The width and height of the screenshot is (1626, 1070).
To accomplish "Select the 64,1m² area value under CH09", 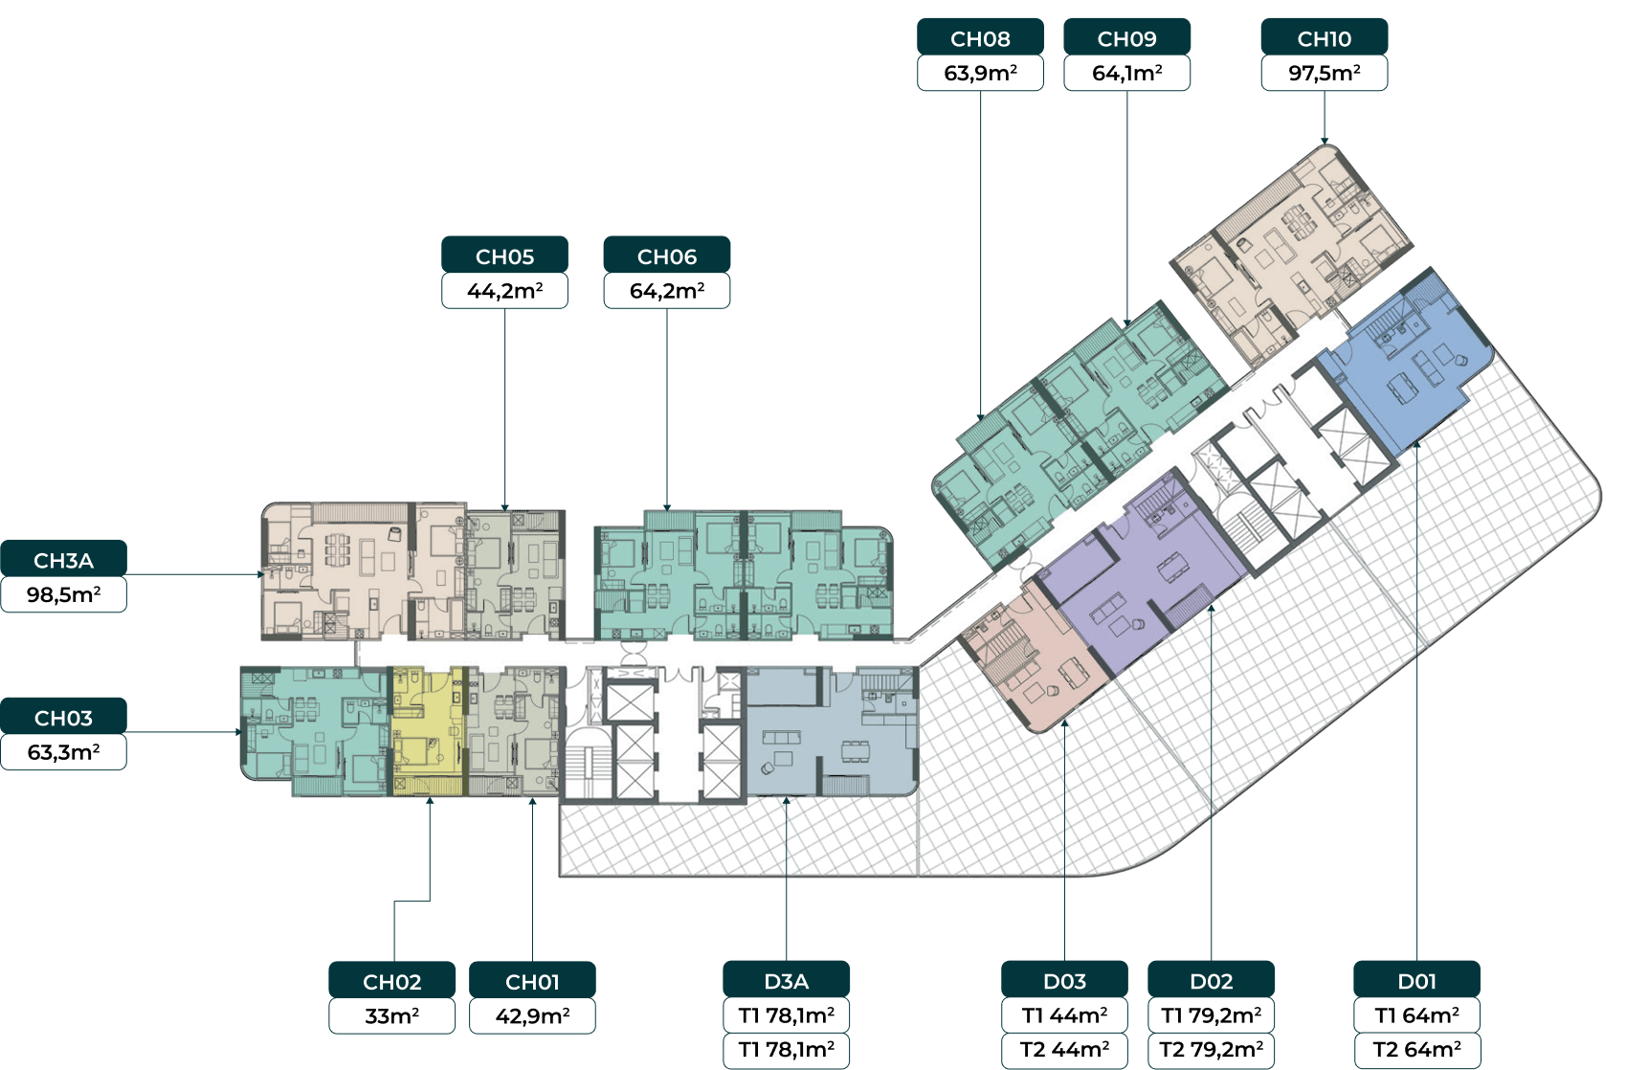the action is (x=1126, y=74).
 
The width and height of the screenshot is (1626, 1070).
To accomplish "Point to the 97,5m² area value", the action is (x=1324, y=74).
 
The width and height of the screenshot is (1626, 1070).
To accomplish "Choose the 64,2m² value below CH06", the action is (x=667, y=291).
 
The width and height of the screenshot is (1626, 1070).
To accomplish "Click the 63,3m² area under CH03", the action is (x=64, y=752).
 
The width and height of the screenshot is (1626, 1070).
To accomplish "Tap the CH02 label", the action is (x=392, y=981).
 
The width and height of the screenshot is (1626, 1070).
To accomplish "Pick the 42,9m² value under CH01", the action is (x=532, y=1016).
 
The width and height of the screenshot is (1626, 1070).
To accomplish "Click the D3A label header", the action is (x=786, y=980).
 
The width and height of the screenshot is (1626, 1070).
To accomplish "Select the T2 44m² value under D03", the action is (x=1064, y=1051).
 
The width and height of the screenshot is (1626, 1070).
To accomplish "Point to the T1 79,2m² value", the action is (x=1211, y=1014).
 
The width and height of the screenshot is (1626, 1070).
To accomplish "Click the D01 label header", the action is (x=1417, y=980).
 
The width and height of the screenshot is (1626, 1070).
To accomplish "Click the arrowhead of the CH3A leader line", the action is (x=261, y=574).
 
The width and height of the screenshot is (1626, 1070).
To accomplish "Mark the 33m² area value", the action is (x=392, y=1016).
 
